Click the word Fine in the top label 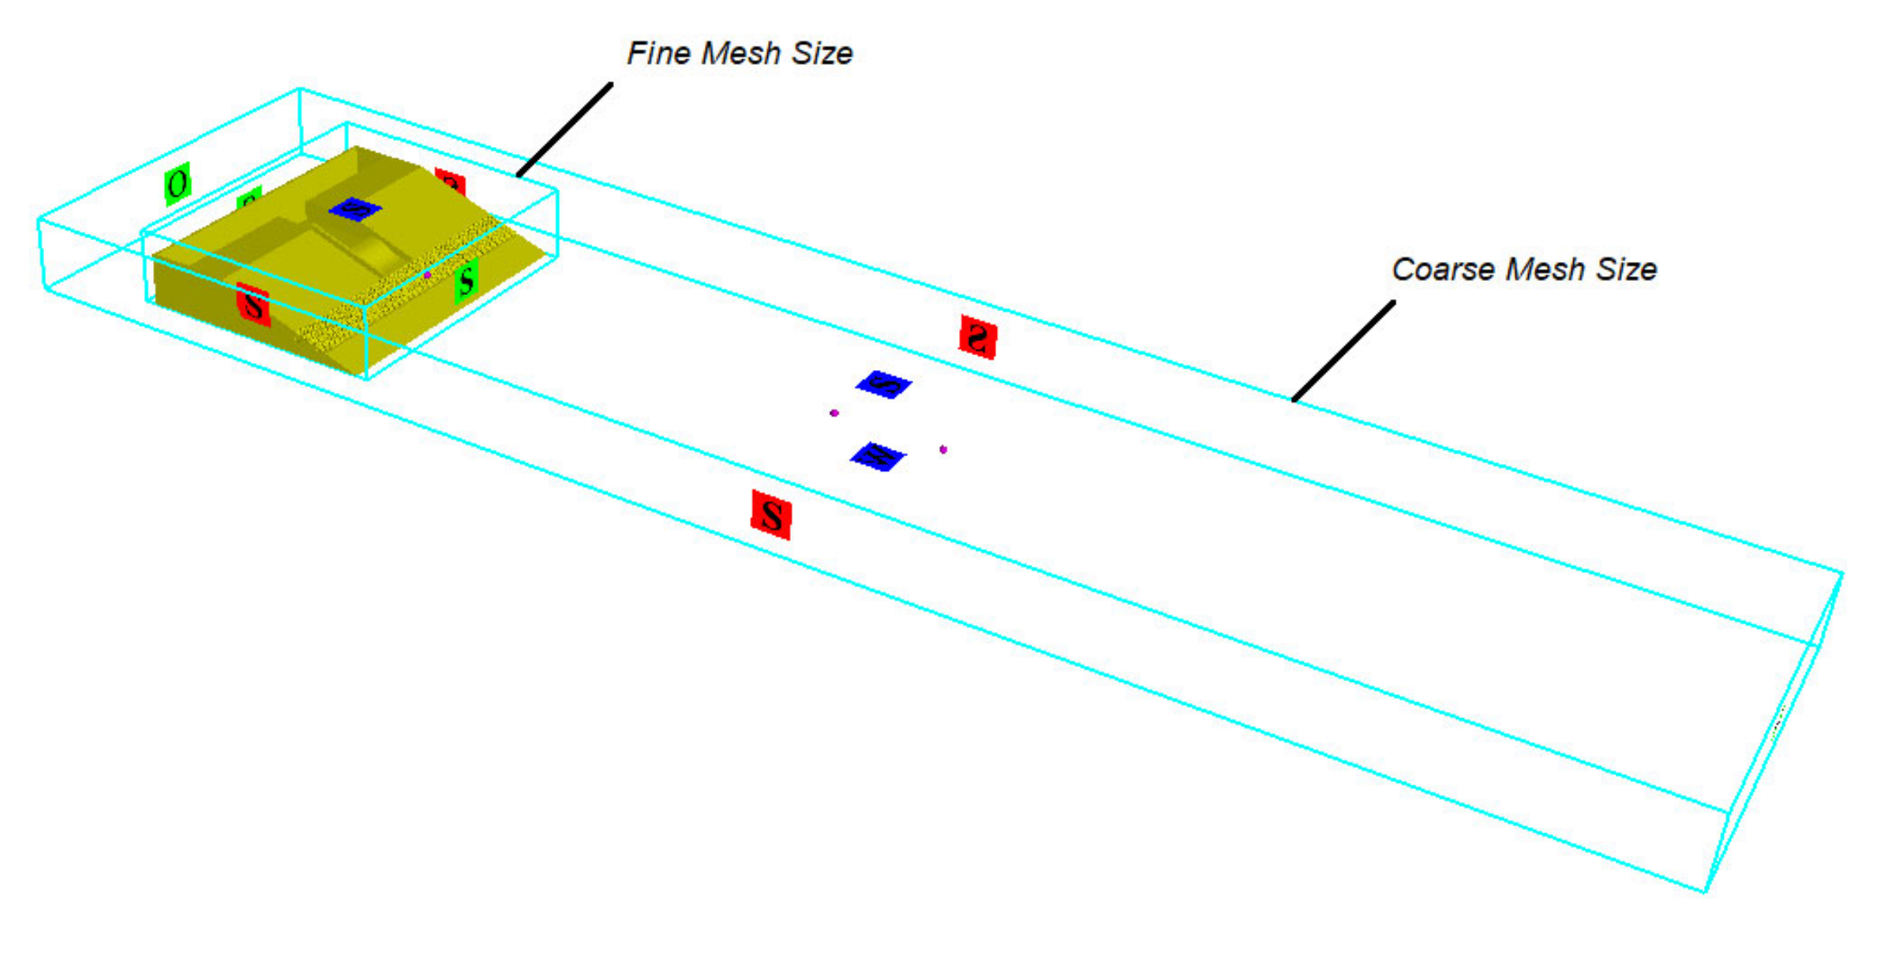[x=657, y=53]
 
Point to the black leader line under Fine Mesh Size [x=564, y=129]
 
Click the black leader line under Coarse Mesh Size [x=1343, y=350]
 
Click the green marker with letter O [x=178, y=184]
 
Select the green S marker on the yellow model [x=466, y=280]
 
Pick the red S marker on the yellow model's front [x=253, y=305]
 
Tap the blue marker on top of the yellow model [x=355, y=209]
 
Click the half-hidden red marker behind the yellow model [x=451, y=182]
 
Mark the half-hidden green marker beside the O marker [x=249, y=197]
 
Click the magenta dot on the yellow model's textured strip [x=427, y=275]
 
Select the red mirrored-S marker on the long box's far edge [x=978, y=337]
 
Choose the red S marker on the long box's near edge [x=771, y=515]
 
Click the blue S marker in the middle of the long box [x=884, y=385]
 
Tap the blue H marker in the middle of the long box [x=878, y=456]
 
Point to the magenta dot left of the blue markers [x=834, y=413]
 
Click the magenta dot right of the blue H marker [x=943, y=450]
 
